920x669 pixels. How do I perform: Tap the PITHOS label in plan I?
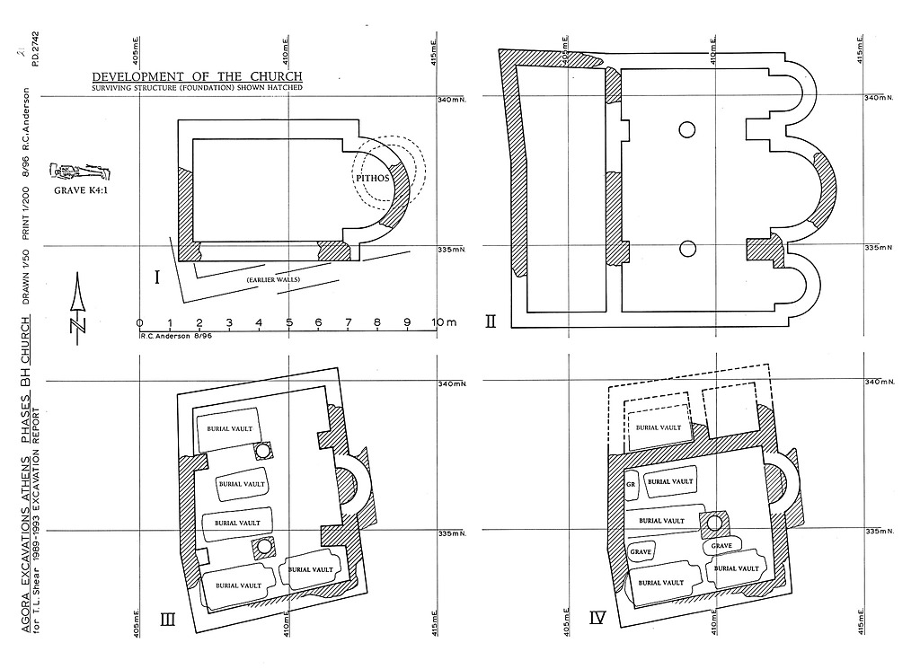pos(372,178)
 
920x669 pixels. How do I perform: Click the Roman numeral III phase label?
pos(167,618)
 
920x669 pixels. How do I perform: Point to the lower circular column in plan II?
pos(687,249)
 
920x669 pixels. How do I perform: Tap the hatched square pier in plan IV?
pos(715,522)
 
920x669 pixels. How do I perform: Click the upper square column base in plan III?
pos(263,449)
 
